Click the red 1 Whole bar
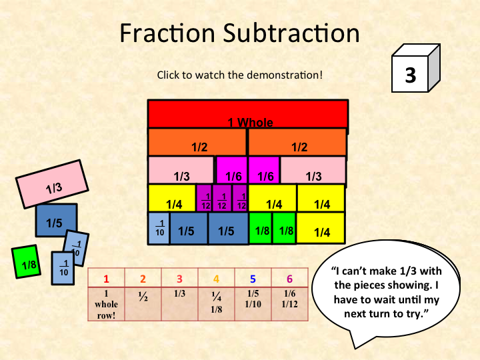(247, 114)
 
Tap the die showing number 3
(411, 75)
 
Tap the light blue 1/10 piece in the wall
(159, 229)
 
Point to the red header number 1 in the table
(105, 279)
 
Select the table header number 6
(289, 279)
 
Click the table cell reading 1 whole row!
(105, 303)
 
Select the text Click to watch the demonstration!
(239, 74)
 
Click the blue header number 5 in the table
(253, 279)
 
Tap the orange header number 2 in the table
(142, 279)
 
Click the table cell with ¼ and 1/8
(216, 303)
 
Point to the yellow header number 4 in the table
(216, 279)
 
